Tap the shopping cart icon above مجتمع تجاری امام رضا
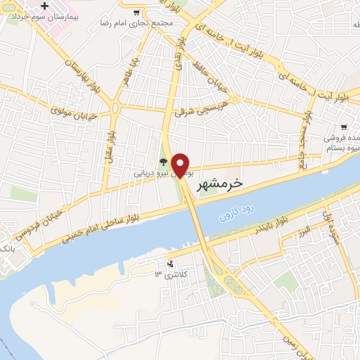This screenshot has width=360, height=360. [x=136, y=12]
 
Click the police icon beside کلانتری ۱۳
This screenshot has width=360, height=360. [x=169, y=264]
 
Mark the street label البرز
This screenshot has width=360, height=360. [x=302, y=231]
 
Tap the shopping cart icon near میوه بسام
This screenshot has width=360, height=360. [x=343, y=128]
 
